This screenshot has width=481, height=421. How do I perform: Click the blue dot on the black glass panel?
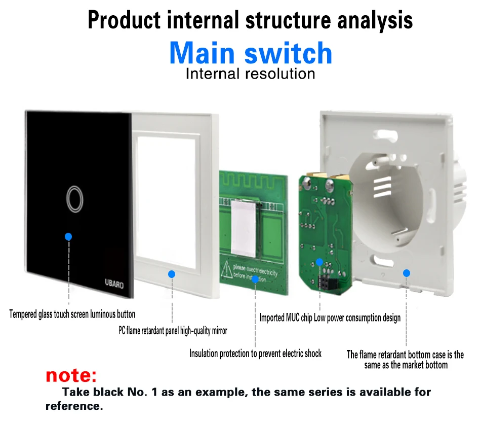click(x=69, y=236)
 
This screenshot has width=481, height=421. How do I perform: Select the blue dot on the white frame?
click(x=172, y=274)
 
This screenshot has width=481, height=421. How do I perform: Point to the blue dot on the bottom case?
click(x=406, y=273)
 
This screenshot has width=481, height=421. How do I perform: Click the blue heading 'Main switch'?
click(x=251, y=53)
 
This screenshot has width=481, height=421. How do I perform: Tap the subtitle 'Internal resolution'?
click(x=251, y=74)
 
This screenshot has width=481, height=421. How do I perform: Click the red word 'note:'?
click(x=71, y=375)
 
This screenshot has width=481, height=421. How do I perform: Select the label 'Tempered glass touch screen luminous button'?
click(x=72, y=314)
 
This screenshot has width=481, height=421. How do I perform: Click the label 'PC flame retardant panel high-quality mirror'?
click(x=173, y=331)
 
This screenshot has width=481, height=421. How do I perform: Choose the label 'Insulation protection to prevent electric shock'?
click(x=255, y=354)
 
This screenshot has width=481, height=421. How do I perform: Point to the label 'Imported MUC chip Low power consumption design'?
click(x=330, y=318)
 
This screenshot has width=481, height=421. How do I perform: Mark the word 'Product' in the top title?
click(x=125, y=20)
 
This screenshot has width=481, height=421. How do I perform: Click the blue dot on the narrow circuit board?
click(x=319, y=262)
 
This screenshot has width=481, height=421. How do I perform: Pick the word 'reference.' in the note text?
click(x=74, y=406)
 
